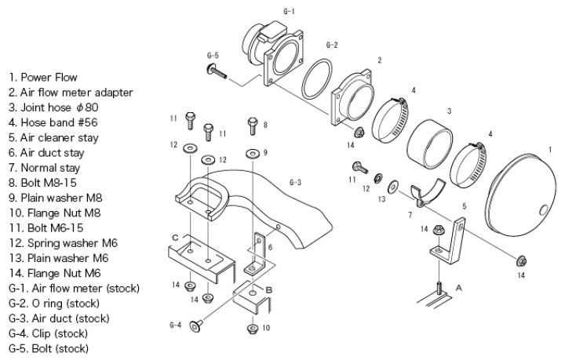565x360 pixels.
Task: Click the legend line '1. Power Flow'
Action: [x=42, y=77]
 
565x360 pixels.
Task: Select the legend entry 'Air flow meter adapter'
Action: [x=71, y=92]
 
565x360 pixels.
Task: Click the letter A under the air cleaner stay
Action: [x=459, y=288]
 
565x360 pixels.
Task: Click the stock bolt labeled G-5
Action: [x=217, y=73]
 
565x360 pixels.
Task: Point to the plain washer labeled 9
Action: [x=251, y=151]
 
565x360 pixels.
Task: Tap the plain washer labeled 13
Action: [x=392, y=187]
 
